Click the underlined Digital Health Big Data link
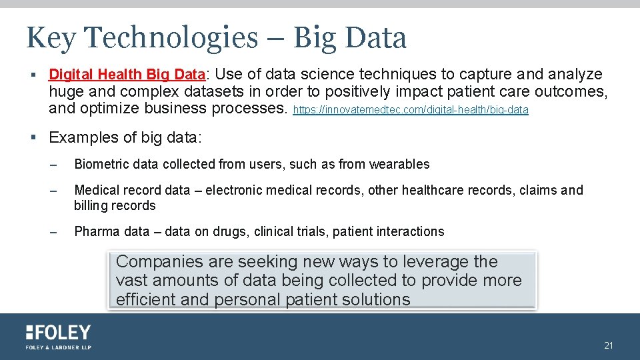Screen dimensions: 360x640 [x=126, y=74]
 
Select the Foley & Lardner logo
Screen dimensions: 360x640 [x=59, y=337]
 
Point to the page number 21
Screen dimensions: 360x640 [x=608, y=345]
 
